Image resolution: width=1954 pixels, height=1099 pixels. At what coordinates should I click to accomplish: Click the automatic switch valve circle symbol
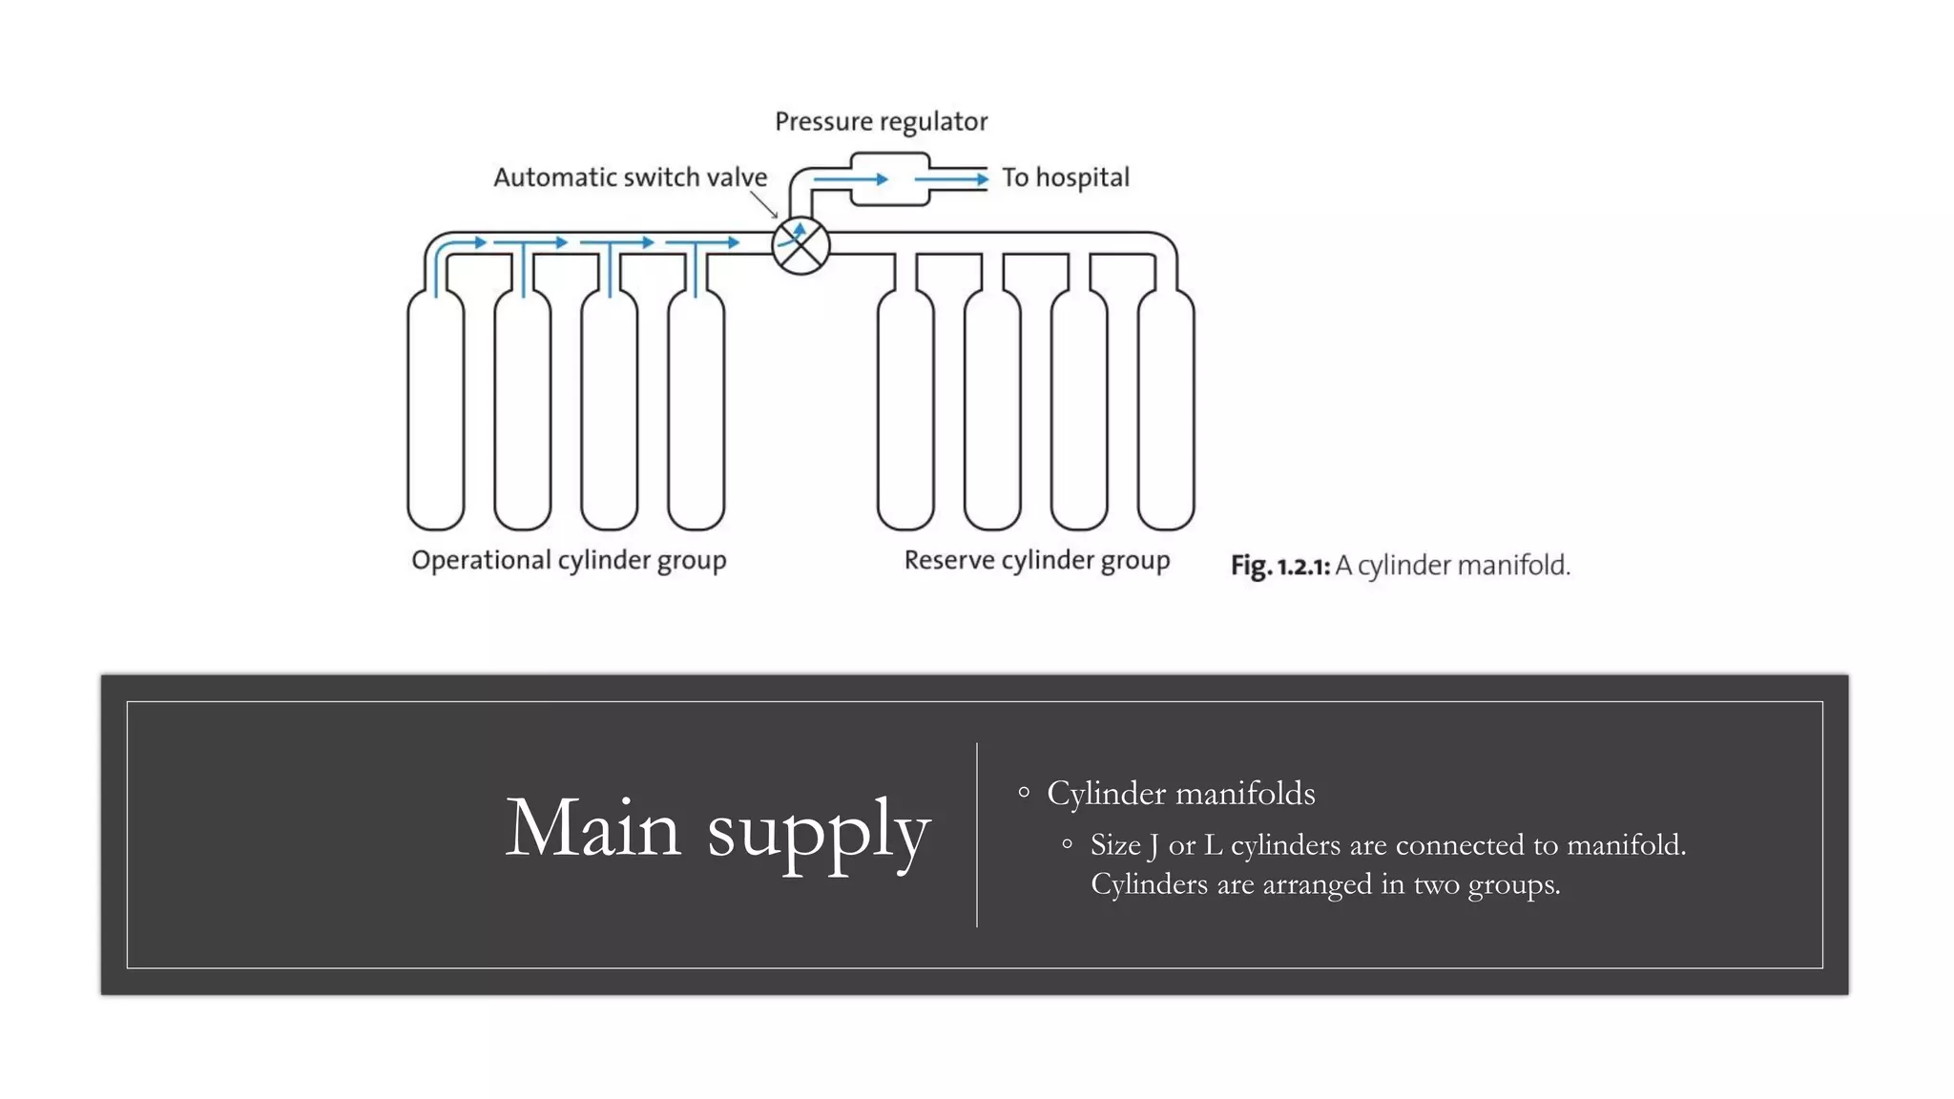tap(800, 246)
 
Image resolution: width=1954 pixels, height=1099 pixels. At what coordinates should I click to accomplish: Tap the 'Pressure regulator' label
tap(881, 122)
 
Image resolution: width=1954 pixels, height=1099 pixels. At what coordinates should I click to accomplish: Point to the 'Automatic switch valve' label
tap(630, 177)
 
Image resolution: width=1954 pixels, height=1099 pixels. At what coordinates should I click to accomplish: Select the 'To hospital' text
tap(1065, 177)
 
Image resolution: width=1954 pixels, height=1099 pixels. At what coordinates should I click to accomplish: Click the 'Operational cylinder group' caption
tap(569, 560)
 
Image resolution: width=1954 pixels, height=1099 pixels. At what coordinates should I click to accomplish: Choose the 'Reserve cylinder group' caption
tap(1037, 560)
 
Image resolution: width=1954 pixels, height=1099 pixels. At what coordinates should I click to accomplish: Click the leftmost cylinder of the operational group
tap(436, 410)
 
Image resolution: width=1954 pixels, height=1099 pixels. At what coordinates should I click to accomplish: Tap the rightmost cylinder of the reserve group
tap(1166, 410)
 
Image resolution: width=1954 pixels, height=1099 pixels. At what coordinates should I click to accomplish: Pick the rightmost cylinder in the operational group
tap(696, 410)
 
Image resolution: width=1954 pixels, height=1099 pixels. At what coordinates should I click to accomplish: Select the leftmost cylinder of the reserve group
tap(905, 410)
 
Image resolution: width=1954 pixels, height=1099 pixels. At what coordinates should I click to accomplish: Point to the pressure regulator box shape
tap(889, 179)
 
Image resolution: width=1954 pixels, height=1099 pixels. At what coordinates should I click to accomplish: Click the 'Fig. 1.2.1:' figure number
tap(1279, 566)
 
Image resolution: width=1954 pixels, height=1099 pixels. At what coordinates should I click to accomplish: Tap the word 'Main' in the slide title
tap(592, 828)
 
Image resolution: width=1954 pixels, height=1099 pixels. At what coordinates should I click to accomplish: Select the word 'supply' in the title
tap(819, 832)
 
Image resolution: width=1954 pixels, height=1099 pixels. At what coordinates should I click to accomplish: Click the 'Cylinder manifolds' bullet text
tap(1180, 794)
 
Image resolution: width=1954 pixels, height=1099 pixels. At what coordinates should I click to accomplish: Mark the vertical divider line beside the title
tap(977, 835)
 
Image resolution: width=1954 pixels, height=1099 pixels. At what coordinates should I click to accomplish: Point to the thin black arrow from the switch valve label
tap(764, 204)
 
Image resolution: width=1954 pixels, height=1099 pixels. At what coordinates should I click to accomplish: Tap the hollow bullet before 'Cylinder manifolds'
tap(1024, 793)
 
